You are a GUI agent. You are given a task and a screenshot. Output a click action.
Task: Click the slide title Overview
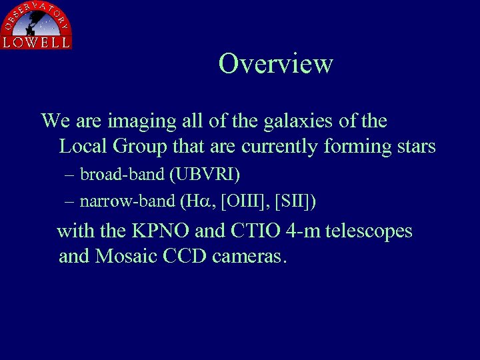click(275, 64)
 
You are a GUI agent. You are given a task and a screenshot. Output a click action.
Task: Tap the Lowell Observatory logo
click(36, 25)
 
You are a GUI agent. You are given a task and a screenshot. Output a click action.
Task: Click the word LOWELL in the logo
click(36, 43)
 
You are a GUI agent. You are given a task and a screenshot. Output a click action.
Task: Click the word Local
click(83, 146)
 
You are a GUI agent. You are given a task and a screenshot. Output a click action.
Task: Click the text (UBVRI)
click(205, 175)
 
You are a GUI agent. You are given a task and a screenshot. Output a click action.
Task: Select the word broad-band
click(123, 175)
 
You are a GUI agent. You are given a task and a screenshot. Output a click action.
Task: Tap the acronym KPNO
click(160, 232)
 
